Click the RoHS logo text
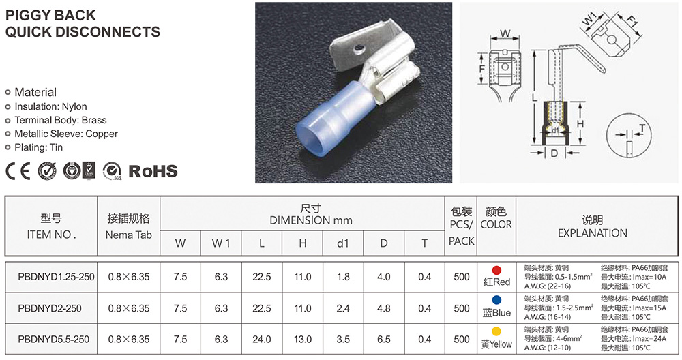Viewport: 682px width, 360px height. click(153, 171)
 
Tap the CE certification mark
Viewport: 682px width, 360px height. click(18, 171)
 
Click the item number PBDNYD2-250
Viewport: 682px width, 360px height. click(50, 308)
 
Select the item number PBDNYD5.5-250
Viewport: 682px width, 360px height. click(53, 339)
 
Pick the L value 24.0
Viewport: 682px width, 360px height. click(262, 339)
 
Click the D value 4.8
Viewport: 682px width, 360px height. click(383, 308)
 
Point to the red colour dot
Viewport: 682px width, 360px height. click(496, 271)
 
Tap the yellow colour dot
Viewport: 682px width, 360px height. click(496, 332)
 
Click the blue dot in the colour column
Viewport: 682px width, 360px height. click(496, 300)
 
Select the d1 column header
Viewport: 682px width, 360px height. click(343, 243)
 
